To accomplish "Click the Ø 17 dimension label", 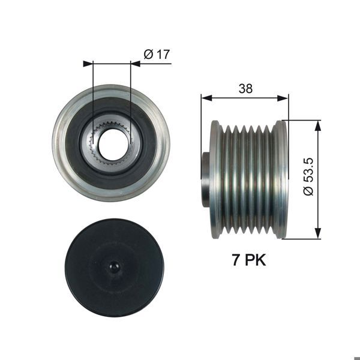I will tap(157, 54).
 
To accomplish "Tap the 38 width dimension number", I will tap(245, 89).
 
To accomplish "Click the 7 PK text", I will tap(248, 260).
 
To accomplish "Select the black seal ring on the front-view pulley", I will tap(75, 144).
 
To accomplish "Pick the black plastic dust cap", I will tap(90, 282).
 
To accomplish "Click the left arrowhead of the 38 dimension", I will tap(205, 97).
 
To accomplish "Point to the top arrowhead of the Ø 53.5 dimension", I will tap(317, 123).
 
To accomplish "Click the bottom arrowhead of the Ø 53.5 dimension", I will tap(317, 235).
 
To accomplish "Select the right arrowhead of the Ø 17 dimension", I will tap(135, 62).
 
